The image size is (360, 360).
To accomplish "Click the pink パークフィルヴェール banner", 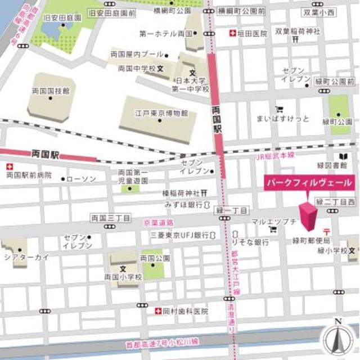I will (309, 183).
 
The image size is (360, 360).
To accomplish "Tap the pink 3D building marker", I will (308, 217).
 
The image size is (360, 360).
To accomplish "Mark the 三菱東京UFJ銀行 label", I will (179, 235).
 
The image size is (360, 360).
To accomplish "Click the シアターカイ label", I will (27, 257).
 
